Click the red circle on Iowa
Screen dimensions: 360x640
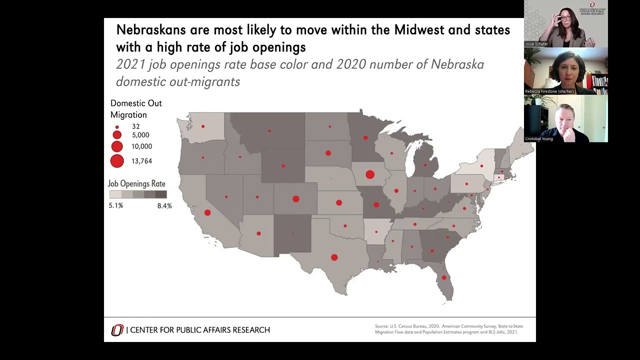(370, 174)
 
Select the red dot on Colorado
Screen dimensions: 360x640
(296, 199)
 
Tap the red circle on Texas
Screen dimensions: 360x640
(334, 257)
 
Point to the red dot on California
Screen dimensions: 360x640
(207, 212)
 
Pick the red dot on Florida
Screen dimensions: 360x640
(444, 277)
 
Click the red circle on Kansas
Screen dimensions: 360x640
(339, 202)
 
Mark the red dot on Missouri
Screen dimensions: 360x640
(376, 204)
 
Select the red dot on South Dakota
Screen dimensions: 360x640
(328, 153)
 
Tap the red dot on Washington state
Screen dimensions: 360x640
(203, 126)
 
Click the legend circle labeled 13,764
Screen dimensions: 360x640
(117, 161)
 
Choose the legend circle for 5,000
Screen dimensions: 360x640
(117, 135)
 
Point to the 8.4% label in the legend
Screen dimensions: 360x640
(164, 205)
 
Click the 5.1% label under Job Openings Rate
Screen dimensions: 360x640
(116, 205)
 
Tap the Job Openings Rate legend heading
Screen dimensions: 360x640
(136, 183)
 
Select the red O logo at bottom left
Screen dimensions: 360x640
(117, 330)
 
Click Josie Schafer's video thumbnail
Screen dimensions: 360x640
(565, 23)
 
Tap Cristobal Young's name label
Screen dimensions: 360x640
(539, 138)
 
